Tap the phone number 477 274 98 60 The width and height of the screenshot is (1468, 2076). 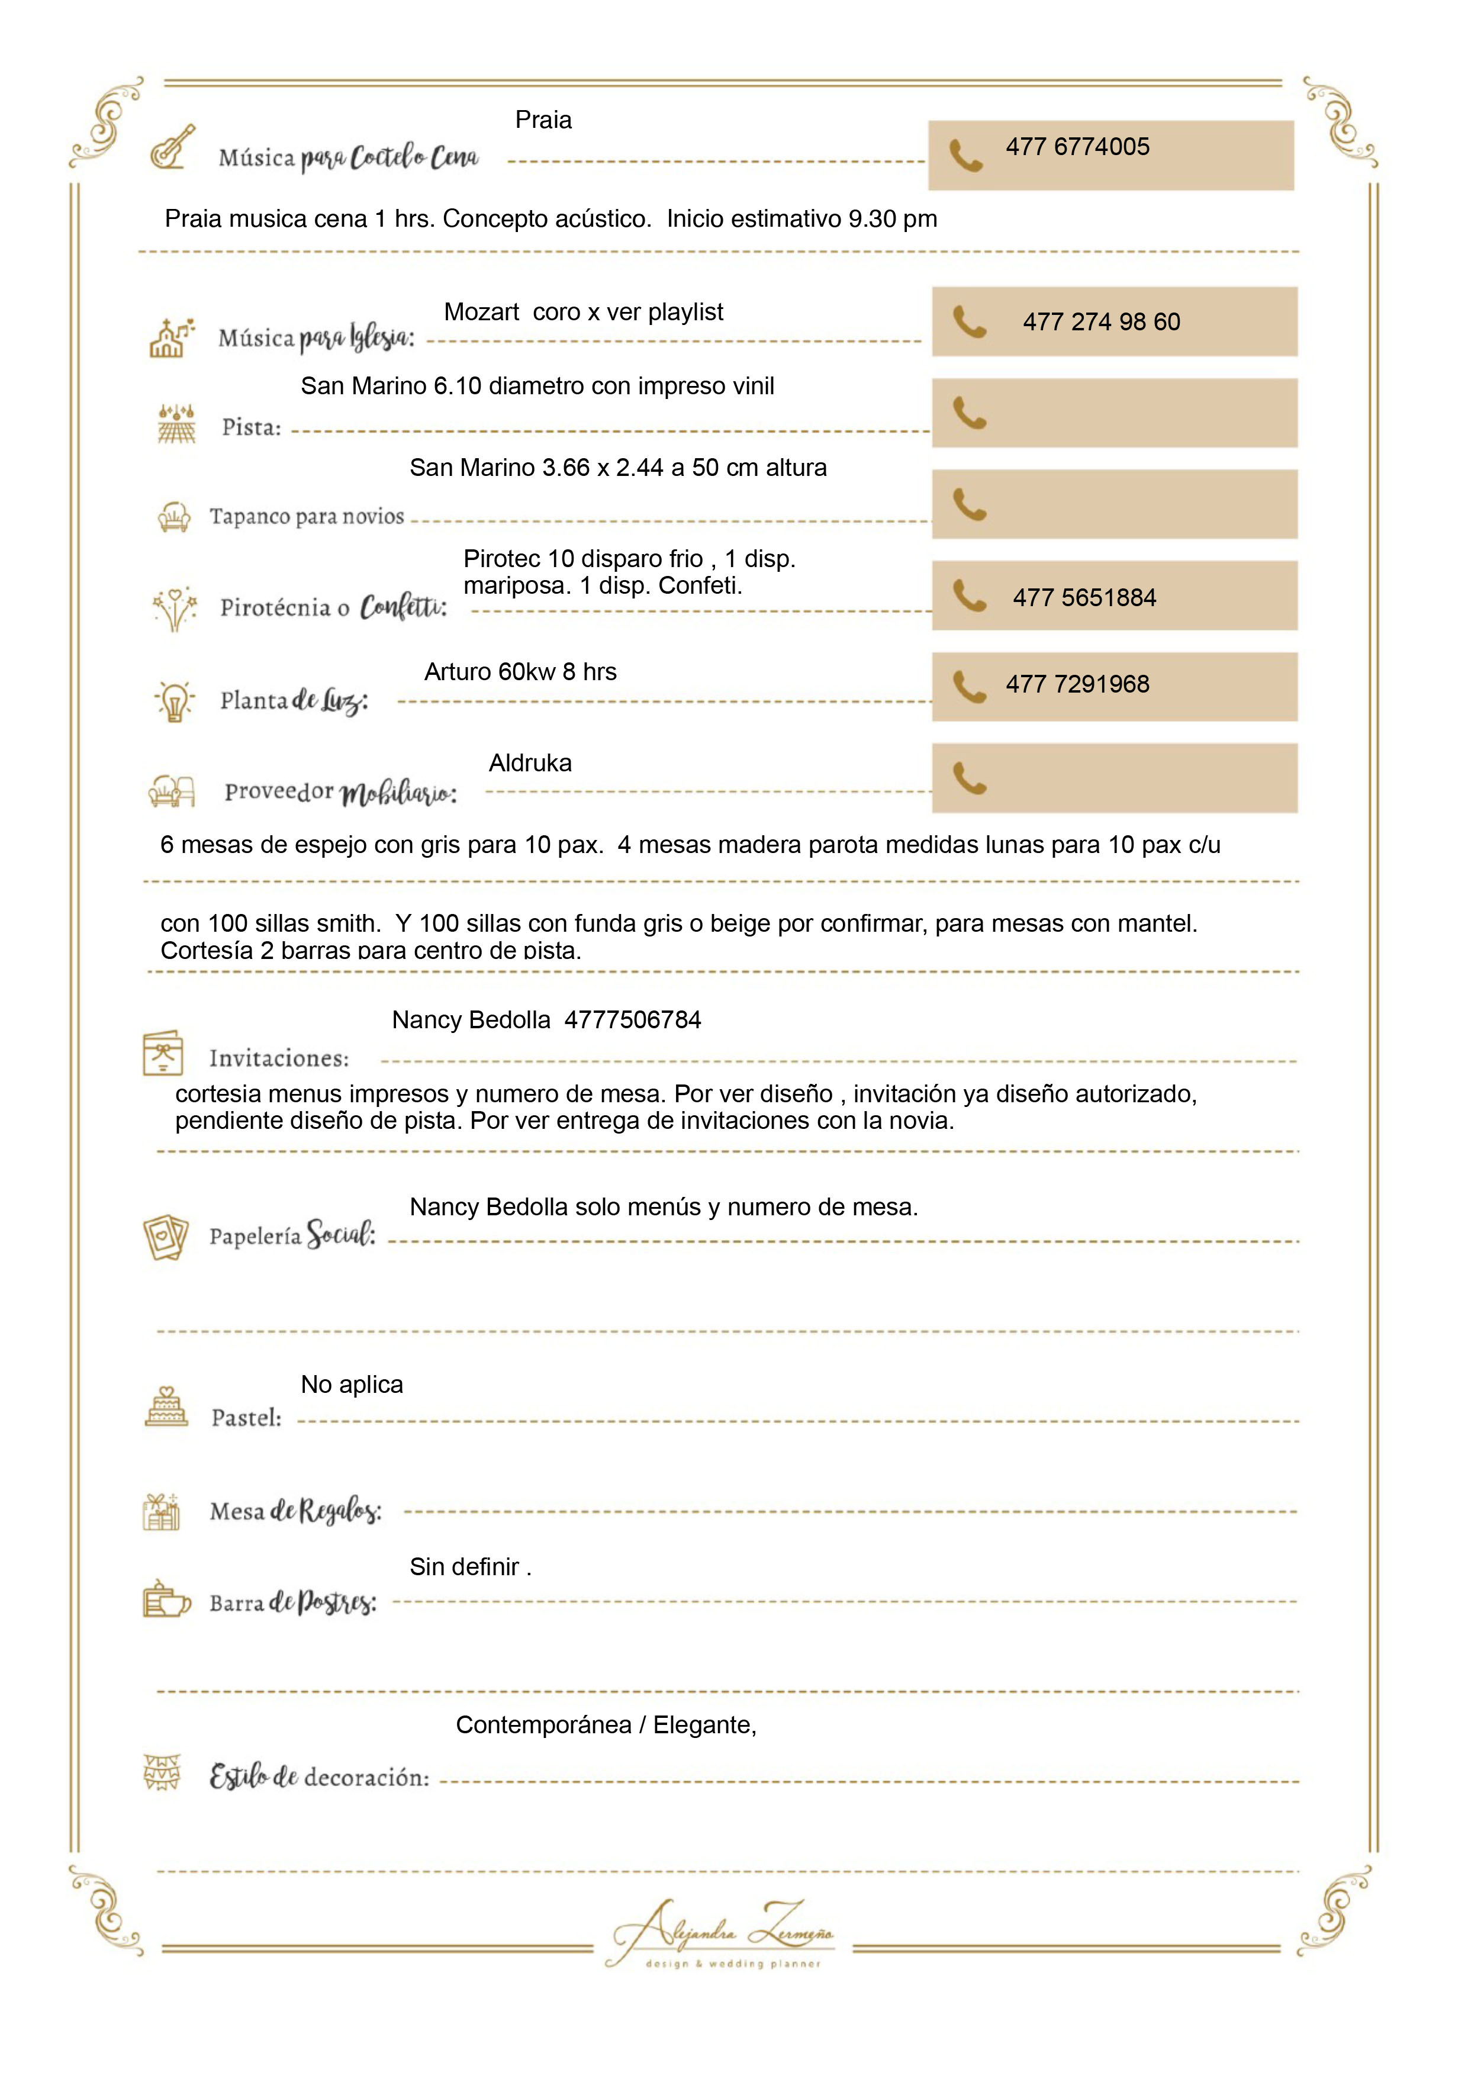pyautogui.click(x=1101, y=322)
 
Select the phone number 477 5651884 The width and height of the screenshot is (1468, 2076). pyautogui.click(x=1084, y=598)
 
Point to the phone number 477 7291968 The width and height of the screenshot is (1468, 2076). pyautogui.click(x=1077, y=684)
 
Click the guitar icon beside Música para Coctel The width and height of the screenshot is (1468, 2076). pyautogui.click(x=173, y=147)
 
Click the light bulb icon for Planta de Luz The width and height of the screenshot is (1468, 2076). pyautogui.click(x=175, y=701)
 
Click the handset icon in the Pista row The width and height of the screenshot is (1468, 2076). pyautogui.click(x=969, y=413)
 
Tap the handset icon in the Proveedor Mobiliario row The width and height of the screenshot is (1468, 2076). pyautogui.click(x=969, y=778)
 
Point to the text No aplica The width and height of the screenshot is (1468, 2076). pyautogui.click(x=352, y=1385)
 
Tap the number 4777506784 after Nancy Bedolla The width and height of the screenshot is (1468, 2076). pyautogui.click(x=633, y=1020)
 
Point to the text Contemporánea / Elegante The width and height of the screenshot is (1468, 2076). pyautogui.click(x=606, y=1725)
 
